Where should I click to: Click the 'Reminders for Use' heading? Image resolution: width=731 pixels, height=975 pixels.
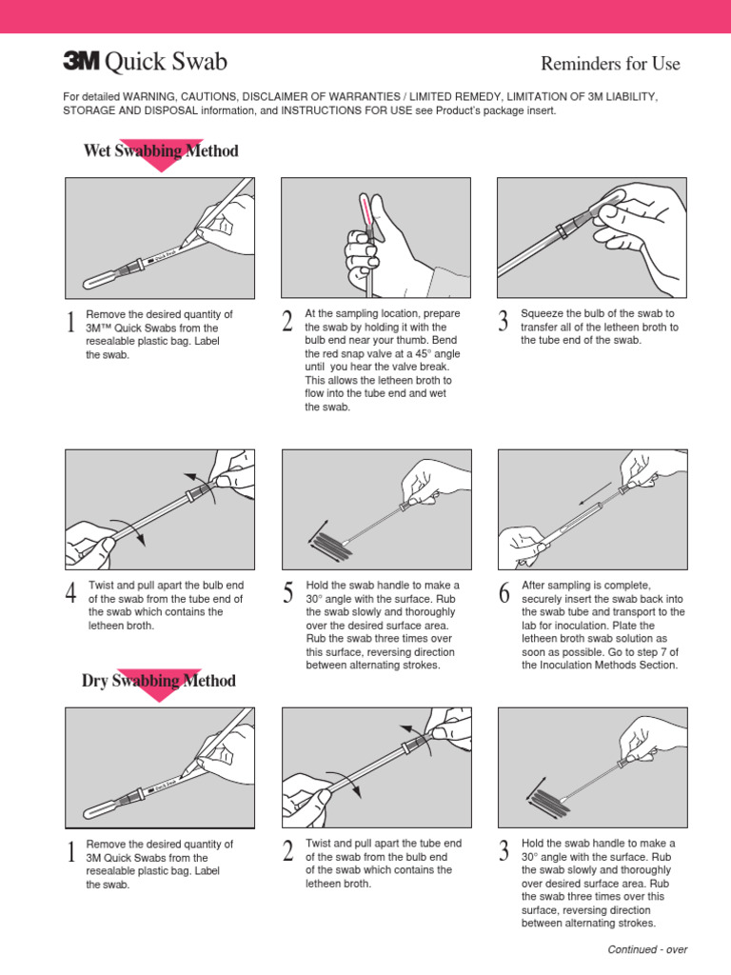click(x=610, y=64)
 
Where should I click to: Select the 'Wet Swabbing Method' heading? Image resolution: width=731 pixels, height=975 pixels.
click(x=161, y=150)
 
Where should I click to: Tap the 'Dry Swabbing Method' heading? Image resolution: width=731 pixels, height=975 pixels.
click(x=158, y=681)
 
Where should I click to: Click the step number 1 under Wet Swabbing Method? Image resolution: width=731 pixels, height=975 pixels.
click(x=70, y=325)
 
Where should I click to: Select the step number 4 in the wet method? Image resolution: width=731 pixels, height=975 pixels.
click(x=70, y=594)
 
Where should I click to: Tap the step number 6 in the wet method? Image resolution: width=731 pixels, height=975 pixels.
click(x=504, y=594)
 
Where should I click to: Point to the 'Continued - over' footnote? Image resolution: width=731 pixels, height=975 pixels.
click(x=647, y=949)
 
